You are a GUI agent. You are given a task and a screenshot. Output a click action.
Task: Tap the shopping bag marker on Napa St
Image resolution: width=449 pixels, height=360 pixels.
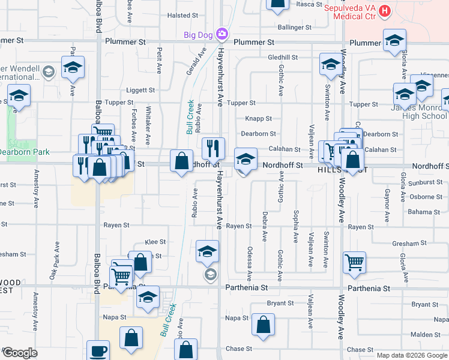click(x=263, y=325)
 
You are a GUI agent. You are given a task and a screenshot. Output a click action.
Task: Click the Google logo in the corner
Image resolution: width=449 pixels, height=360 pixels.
click(x=20, y=353)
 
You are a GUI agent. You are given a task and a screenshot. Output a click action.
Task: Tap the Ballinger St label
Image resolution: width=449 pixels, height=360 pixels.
click(x=295, y=28)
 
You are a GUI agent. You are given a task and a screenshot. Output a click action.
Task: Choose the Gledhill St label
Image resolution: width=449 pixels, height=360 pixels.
click(x=283, y=58)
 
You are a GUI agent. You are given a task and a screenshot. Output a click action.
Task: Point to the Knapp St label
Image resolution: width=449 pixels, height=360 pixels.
click(x=259, y=119)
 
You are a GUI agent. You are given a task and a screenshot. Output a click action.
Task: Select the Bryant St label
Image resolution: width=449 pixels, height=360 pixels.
click(x=280, y=304)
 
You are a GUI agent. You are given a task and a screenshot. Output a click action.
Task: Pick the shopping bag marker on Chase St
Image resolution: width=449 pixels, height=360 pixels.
click(x=187, y=350)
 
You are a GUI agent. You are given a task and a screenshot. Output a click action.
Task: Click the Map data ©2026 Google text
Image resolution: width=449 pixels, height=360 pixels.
click(x=412, y=355)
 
